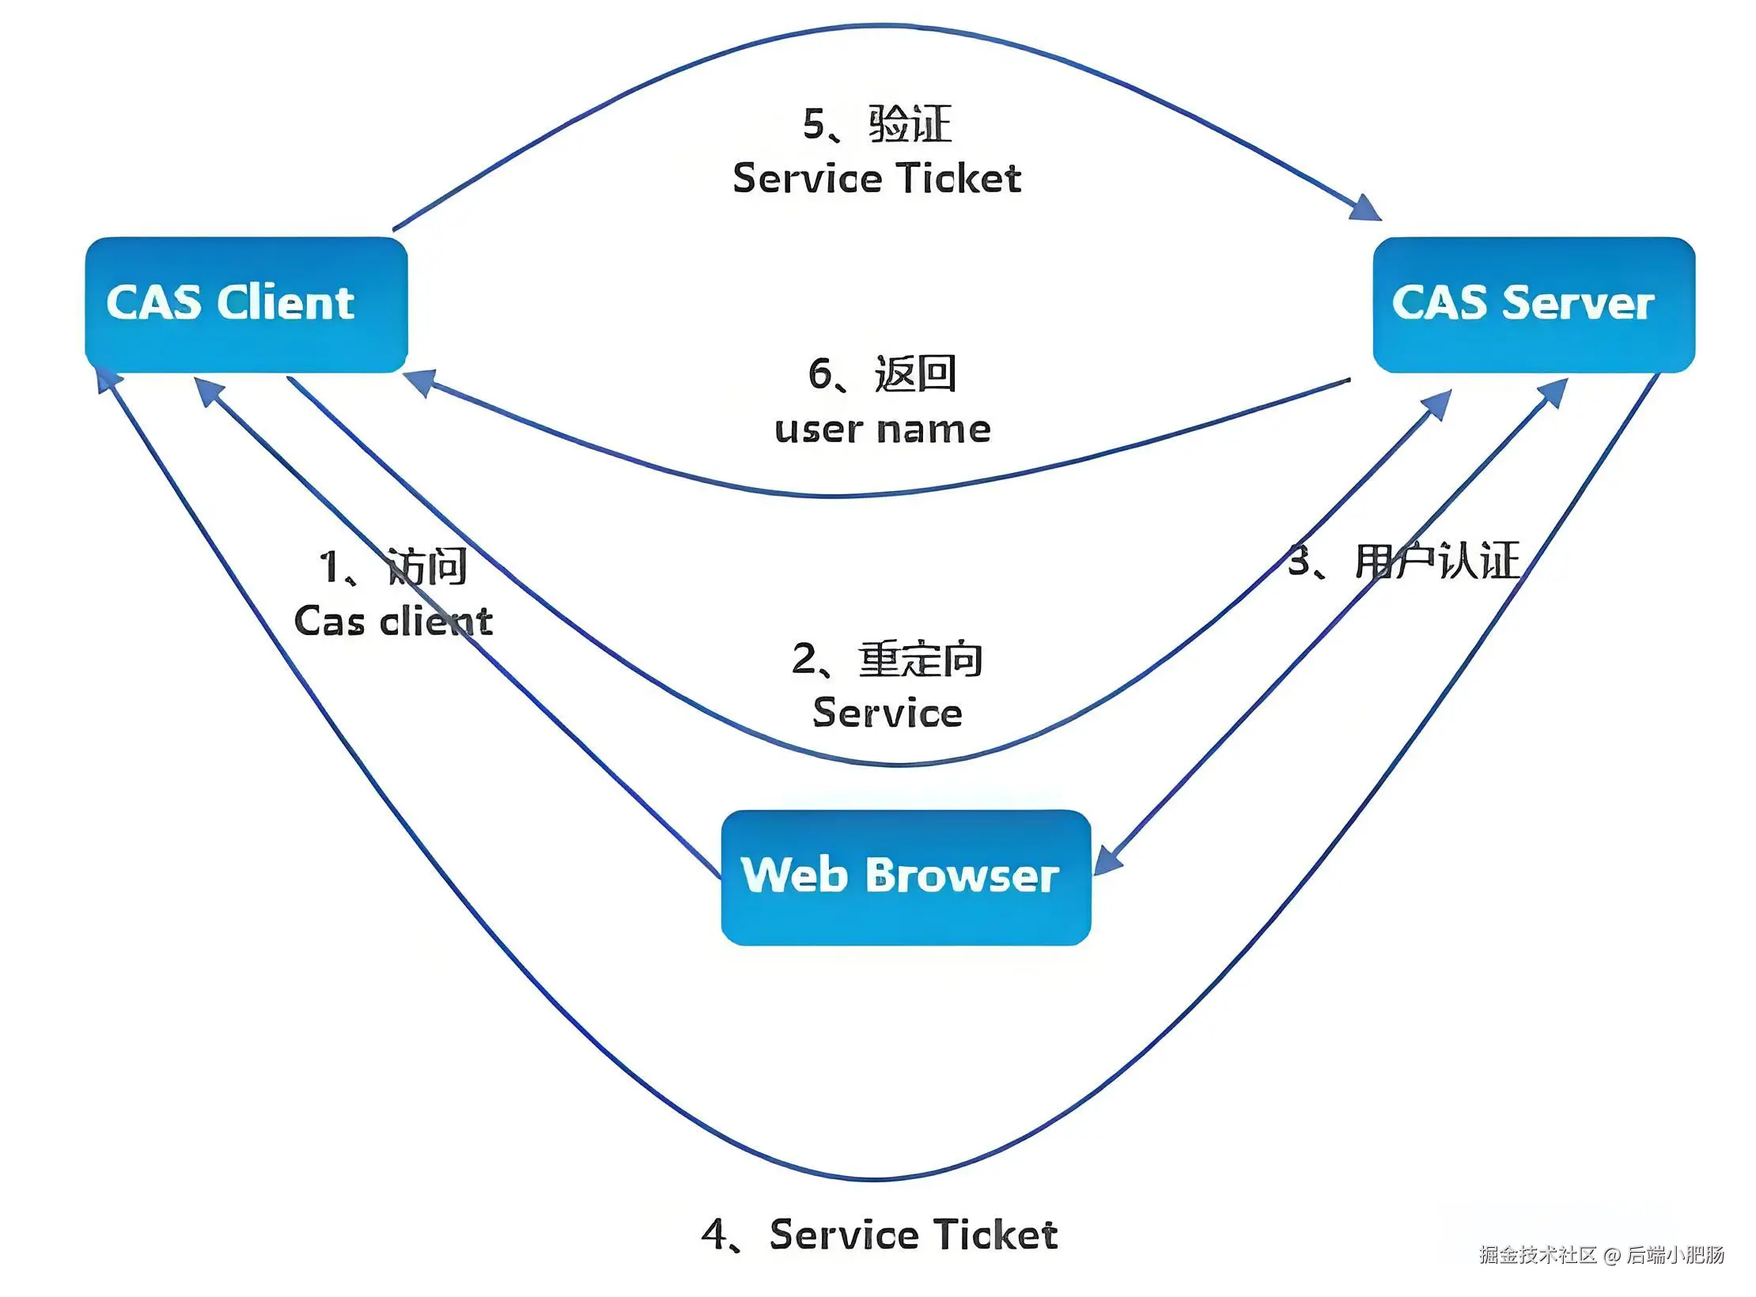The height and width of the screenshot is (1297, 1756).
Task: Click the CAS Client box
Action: coord(246,304)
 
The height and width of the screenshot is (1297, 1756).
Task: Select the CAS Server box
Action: coord(1534,304)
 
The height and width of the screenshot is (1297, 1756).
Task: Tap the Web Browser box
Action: coord(906,877)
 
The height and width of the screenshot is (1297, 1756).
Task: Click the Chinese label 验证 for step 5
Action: coord(910,124)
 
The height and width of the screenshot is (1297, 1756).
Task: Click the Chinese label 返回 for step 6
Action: coord(915,373)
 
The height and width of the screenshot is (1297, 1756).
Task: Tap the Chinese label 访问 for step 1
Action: coord(426,566)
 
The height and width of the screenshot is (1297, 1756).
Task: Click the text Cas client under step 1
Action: coord(393,621)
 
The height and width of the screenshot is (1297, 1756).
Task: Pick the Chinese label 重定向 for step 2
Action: coord(921,659)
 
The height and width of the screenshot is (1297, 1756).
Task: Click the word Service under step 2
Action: coord(887,713)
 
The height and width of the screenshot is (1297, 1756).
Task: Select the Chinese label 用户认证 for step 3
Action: coord(1437,562)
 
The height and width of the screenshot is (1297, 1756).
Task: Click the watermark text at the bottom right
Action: coord(1602,1254)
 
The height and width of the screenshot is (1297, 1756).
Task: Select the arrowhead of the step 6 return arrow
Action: coord(420,383)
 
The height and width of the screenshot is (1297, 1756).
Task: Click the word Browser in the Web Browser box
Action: coord(962,875)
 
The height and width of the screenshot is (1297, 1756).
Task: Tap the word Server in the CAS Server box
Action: coord(1578,303)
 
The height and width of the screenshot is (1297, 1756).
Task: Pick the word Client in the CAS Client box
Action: coord(286,302)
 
